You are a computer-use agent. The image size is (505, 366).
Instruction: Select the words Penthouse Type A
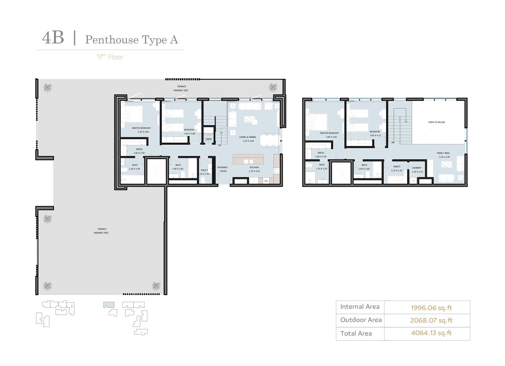(131, 40)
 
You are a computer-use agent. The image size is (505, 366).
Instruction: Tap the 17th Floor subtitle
(110, 57)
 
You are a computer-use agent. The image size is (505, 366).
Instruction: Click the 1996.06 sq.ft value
(431, 307)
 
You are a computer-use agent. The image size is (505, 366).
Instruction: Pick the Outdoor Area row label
(361, 320)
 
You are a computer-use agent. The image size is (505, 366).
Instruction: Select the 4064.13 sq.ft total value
(431, 333)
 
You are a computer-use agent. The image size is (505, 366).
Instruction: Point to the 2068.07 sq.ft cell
(431, 320)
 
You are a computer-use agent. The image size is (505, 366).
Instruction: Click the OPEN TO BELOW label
(436, 122)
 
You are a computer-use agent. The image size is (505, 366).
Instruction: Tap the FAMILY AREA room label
(443, 153)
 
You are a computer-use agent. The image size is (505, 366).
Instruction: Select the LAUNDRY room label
(416, 168)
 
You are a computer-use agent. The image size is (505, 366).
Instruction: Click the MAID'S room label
(397, 166)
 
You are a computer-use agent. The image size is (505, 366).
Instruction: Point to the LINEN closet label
(209, 139)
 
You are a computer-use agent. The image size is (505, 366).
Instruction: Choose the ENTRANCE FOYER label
(222, 169)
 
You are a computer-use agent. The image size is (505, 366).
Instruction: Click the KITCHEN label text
(254, 168)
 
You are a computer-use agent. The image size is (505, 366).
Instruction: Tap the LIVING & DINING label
(248, 137)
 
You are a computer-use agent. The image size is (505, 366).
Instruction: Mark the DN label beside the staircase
(393, 143)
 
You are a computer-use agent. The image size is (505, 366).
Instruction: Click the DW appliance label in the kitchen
(266, 181)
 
